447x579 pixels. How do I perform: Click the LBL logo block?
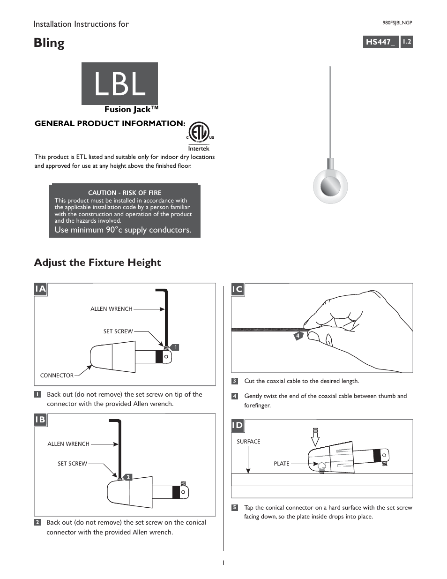point(119,84)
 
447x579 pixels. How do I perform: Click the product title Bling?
point(49,43)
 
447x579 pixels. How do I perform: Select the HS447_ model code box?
point(380,42)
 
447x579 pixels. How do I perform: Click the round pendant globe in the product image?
point(330,186)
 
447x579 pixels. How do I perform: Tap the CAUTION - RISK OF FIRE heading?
point(125,193)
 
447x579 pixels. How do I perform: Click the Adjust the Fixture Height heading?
point(97,263)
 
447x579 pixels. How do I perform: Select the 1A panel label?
point(41,289)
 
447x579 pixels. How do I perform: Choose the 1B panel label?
point(41,420)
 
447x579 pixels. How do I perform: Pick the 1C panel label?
point(238,289)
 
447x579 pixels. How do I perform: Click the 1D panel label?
point(238,425)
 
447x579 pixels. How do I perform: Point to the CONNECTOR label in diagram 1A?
point(57,376)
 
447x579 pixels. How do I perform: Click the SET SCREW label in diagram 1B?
point(72,464)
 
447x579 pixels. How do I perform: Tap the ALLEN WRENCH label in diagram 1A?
point(111,309)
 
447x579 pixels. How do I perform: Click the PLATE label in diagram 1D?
point(282,464)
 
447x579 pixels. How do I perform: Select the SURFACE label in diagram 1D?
point(248,442)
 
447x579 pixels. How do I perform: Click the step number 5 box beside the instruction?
point(235,508)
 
